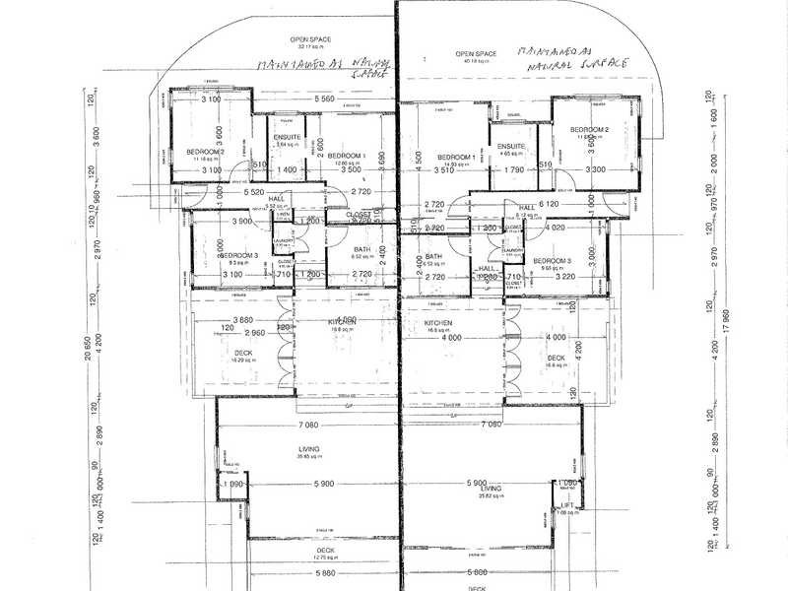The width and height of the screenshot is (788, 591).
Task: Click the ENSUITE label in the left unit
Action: pos(288,136)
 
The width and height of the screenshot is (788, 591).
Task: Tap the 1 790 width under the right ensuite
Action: pos(512,170)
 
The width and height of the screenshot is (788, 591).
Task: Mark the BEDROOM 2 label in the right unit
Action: pos(593,129)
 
